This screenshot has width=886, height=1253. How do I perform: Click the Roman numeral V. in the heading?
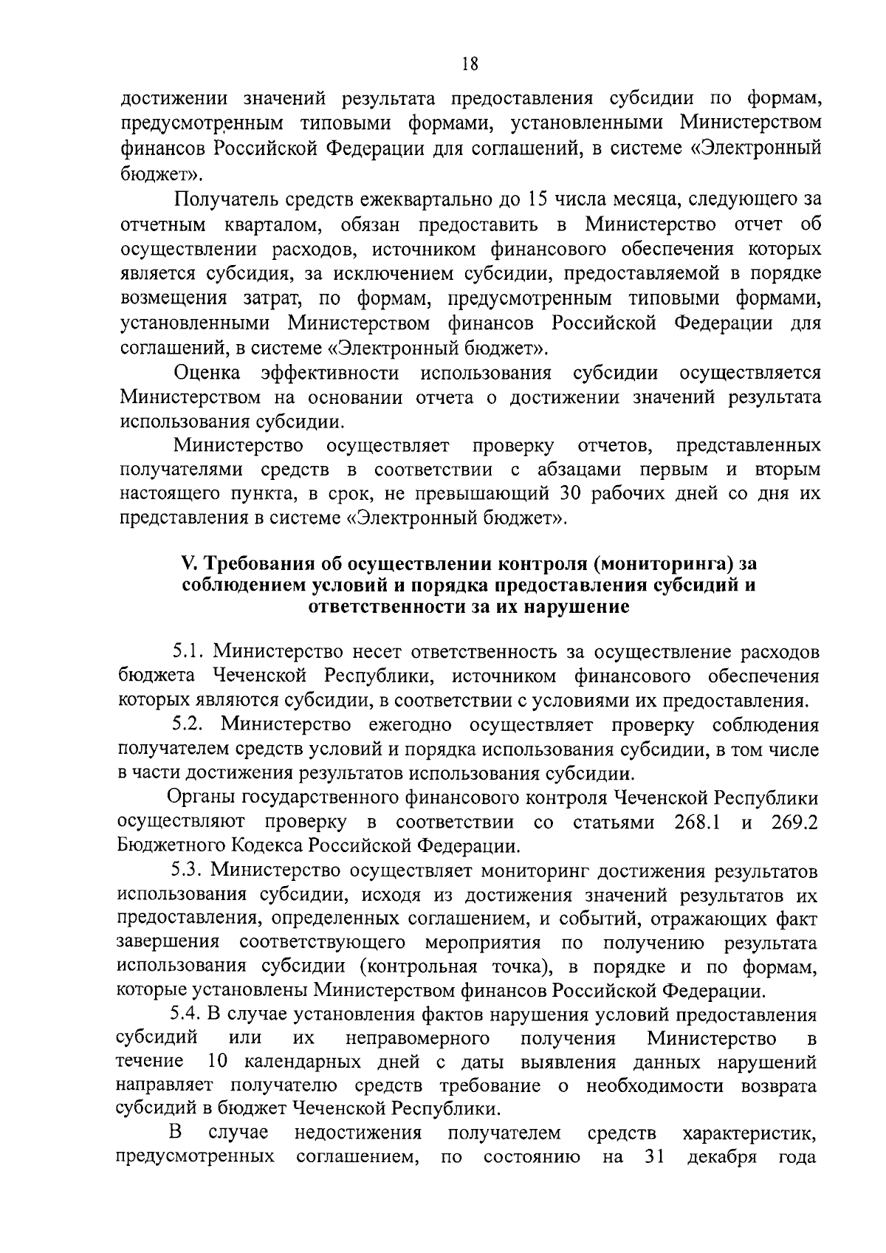pyautogui.click(x=188, y=563)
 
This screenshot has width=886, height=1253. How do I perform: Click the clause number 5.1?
pyautogui.click(x=188, y=652)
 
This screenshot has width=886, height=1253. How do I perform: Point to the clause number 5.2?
pyautogui.click(x=188, y=725)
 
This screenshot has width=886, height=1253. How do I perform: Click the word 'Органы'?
pyautogui.click(x=199, y=798)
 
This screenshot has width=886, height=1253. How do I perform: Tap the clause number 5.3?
pyautogui.click(x=188, y=871)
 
